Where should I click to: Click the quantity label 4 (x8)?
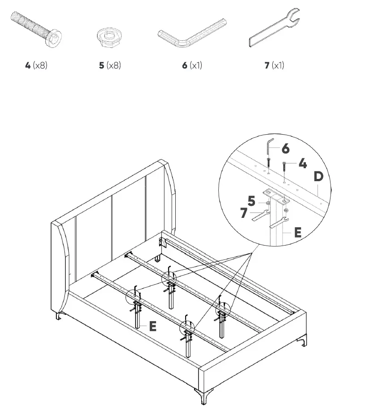tap(36, 65)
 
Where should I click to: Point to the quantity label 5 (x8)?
tap(110, 65)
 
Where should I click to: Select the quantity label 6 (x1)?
tap(192, 65)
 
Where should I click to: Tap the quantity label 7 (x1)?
tap(274, 65)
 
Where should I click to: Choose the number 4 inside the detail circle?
tap(302, 163)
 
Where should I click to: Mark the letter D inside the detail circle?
tap(318, 177)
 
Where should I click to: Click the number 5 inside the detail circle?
tap(251, 201)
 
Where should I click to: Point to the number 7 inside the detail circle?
tap(243, 213)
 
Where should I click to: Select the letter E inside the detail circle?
tap(297, 232)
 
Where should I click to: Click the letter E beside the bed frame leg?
tap(152, 326)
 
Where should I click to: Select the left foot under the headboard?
tap(59, 317)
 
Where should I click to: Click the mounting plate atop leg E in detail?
tap(273, 195)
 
